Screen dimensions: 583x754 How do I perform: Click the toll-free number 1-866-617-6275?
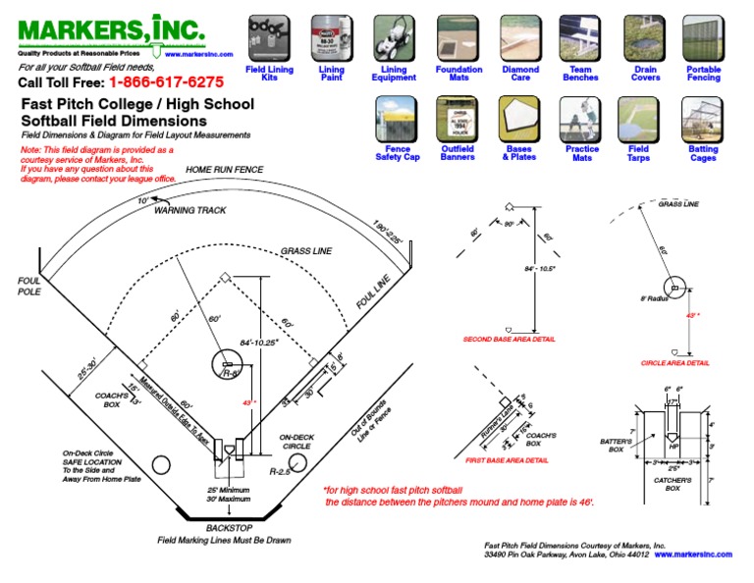click(x=166, y=82)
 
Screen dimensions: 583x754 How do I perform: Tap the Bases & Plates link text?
click(x=519, y=153)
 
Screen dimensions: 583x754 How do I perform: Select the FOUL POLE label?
click(x=29, y=286)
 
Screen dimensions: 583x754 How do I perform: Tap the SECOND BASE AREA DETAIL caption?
click(x=509, y=340)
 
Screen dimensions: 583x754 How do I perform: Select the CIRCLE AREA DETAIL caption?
click(x=674, y=362)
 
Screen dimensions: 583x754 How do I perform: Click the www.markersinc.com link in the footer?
click(x=693, y=555)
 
